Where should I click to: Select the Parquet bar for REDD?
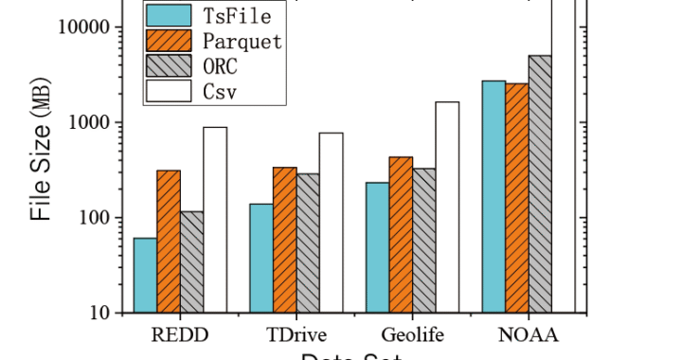(169, 242)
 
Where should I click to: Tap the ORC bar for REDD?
(192, 261)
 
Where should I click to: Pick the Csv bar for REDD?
(215, 220)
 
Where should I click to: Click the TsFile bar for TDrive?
(261, 258)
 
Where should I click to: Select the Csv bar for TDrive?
(332, 223)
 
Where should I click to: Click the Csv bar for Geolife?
(447, 207)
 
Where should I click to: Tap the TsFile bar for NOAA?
(494, 196)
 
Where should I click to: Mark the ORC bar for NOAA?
(540, 184)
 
